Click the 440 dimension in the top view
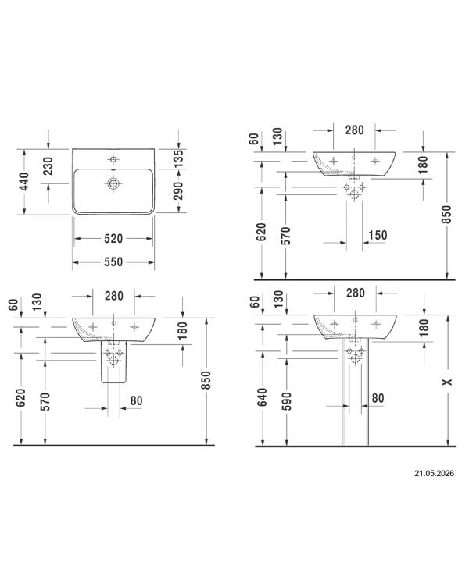click(24, 182)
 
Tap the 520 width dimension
click(113, 239)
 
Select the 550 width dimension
click(113, 261)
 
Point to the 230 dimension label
click(48, 166)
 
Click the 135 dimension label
click(179, 158)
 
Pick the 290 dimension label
click(179, 191)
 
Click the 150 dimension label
click(378, 235)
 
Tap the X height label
click(447, 382)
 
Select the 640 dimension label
click(262, 397)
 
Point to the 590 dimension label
click(286, 401)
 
